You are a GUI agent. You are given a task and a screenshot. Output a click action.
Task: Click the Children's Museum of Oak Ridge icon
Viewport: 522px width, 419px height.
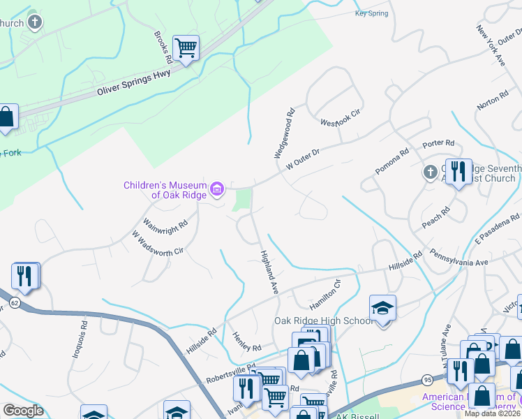217,189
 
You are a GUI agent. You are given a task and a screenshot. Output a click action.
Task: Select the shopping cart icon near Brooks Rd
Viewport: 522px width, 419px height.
186,48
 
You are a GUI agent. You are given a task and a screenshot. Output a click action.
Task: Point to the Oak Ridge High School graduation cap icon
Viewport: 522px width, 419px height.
382,308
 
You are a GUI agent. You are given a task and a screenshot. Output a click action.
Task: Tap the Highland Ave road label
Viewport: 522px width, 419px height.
269,272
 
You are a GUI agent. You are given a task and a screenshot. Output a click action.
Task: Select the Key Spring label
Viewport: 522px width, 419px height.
370,13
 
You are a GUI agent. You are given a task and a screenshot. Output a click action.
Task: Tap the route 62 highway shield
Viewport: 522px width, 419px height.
15,304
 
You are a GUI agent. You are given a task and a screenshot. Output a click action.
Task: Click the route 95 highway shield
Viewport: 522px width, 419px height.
427,380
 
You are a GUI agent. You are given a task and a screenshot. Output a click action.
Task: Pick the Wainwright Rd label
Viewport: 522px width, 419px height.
165,226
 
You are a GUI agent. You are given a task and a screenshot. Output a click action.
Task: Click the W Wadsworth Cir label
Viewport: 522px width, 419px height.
158,241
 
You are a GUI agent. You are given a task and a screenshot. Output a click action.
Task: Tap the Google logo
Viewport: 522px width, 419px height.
23,411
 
